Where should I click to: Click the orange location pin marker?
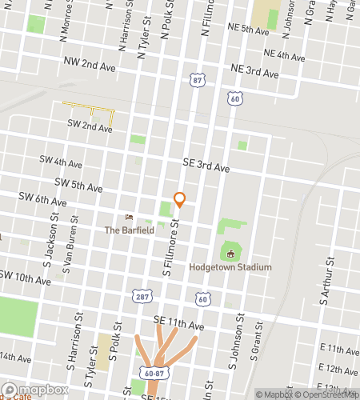180,199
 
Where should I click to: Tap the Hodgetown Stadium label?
230,267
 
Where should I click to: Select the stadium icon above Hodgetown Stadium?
230,254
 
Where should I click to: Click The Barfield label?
130,230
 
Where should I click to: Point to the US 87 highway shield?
198,81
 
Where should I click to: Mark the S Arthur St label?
325,281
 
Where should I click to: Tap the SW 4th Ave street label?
61,162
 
